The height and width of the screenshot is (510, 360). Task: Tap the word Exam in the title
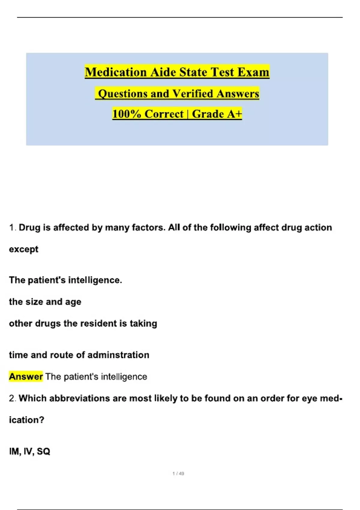pos(253,72)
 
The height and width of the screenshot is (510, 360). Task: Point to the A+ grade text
pos(234,114)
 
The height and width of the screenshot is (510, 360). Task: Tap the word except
pos(24,249)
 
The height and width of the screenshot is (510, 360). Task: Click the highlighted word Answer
pos(26,376)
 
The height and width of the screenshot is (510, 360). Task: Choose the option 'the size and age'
pos(45,302)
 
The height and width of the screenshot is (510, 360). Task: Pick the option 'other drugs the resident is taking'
pos(83,323)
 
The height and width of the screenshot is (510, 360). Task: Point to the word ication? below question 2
pos(26,420)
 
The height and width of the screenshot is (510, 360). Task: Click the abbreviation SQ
pos(43,451)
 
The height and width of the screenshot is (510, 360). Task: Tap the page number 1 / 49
pos(178,473)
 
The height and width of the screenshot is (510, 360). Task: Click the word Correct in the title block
pos(164,114)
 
